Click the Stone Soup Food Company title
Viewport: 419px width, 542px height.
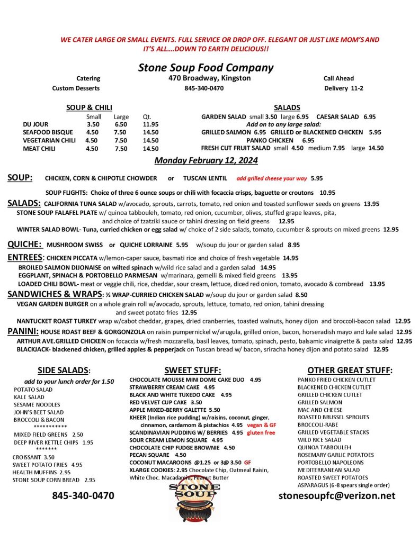coord(206,68)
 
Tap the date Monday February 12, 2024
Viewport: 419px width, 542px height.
coord(206,160)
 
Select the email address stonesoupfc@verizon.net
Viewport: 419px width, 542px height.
coord(337,496)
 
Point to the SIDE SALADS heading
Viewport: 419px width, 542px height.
coord(64,371)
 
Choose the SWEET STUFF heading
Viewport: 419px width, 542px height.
coord(192,371)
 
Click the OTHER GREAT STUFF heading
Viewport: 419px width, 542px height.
coord(350,371)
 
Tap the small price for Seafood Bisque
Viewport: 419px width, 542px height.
coord(92,132)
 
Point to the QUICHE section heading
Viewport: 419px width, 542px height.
coord(24,245)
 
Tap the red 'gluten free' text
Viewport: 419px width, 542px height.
coord(261,432)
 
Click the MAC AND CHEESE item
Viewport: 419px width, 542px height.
coord(319,410)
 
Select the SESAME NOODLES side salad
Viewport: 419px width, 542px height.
coord(37,404)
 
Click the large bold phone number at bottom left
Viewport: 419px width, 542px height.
coord(83,496)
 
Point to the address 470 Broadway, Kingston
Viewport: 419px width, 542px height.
coord(206,78)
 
